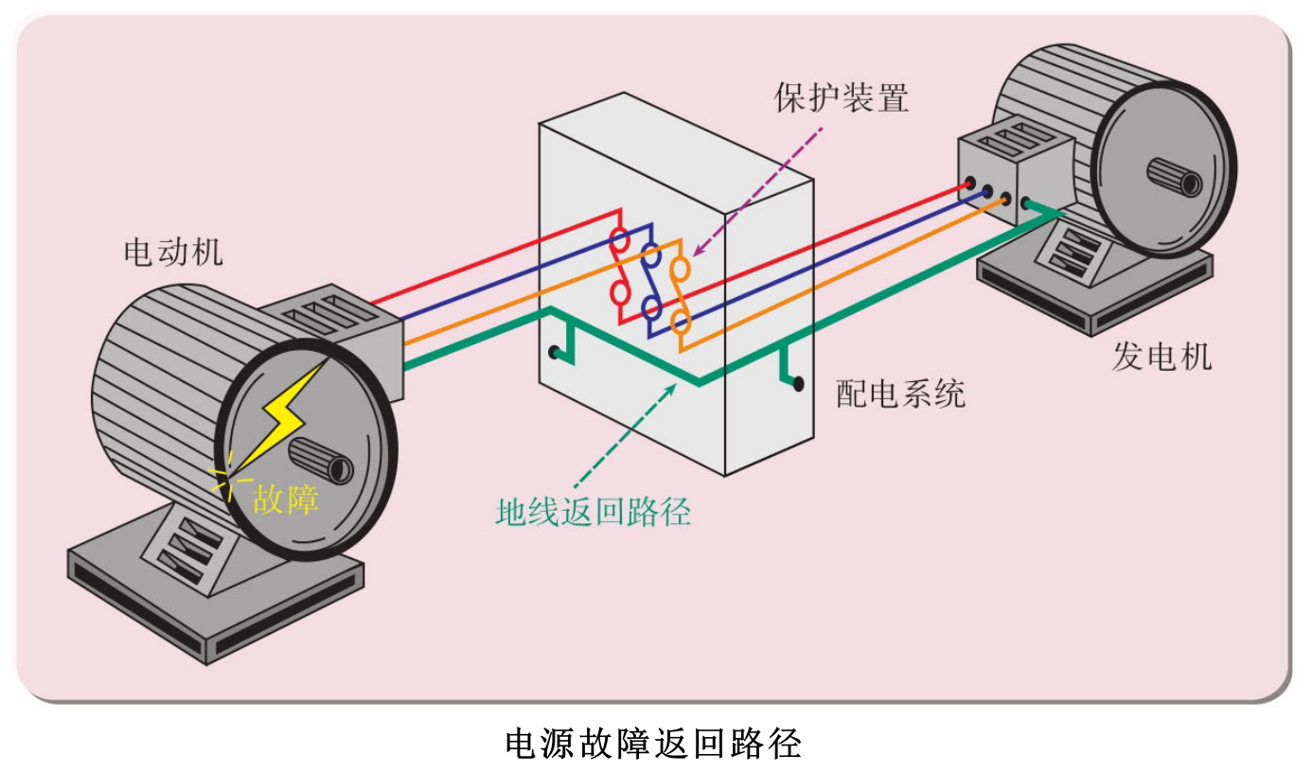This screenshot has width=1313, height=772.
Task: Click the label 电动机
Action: tap(173, 253)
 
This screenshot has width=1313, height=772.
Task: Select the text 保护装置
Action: tap(841, 97)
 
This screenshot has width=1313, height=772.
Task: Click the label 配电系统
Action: tap(900, 394)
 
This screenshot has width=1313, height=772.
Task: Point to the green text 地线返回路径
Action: tap(593, 511)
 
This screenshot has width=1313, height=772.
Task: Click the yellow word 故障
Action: tap(285, 498)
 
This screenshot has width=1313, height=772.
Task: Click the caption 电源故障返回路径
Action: tap(654, 743)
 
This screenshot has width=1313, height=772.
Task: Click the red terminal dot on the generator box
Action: tap(969, 183)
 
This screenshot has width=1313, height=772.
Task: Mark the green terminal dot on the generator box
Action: tap(1025, 202)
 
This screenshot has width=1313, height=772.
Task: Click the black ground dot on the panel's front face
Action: tap(553, 353)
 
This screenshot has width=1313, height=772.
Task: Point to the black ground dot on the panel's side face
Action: tap(799, 384)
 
